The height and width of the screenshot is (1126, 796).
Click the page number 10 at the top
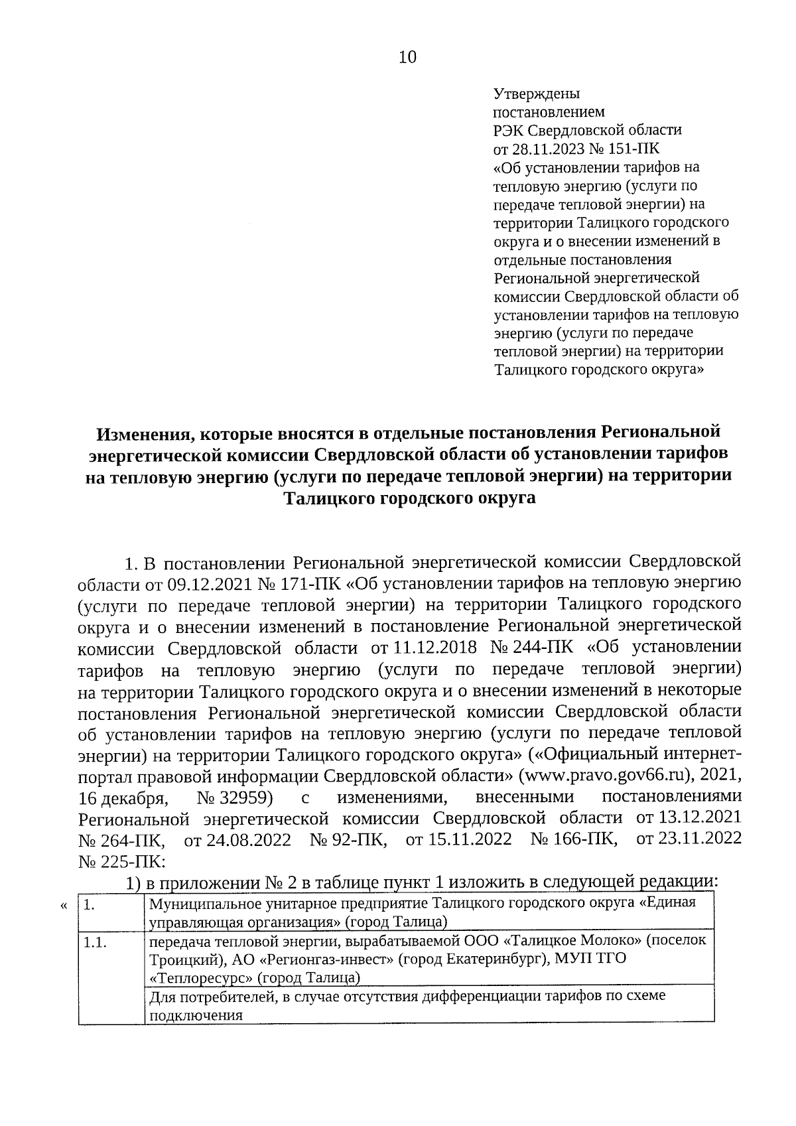click(407, 58)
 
